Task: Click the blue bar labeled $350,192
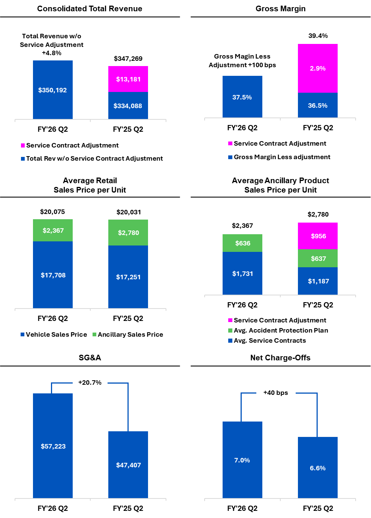point(52,90)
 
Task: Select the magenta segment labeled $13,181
point(128,79)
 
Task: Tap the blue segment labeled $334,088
point(128,105)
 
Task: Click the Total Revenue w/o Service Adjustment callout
point(52,45)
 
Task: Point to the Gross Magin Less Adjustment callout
point(242,61)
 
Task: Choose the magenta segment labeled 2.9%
point(318,68)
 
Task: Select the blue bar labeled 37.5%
point(242,97)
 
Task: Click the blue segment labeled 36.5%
point(318,105)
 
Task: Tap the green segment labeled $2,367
point(53,230)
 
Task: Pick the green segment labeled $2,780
point(128,232)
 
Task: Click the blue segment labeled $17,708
point(53,275)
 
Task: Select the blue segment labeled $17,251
point(128,277)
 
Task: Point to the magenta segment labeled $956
point(318,236)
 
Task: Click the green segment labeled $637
point(318,258)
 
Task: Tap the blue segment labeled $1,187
point(318,281)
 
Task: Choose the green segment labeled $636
point(242,243)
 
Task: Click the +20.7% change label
point(90,382)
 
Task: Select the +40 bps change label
point(276,393)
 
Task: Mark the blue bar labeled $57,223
point(53,446)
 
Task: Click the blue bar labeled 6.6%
point(318,468)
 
